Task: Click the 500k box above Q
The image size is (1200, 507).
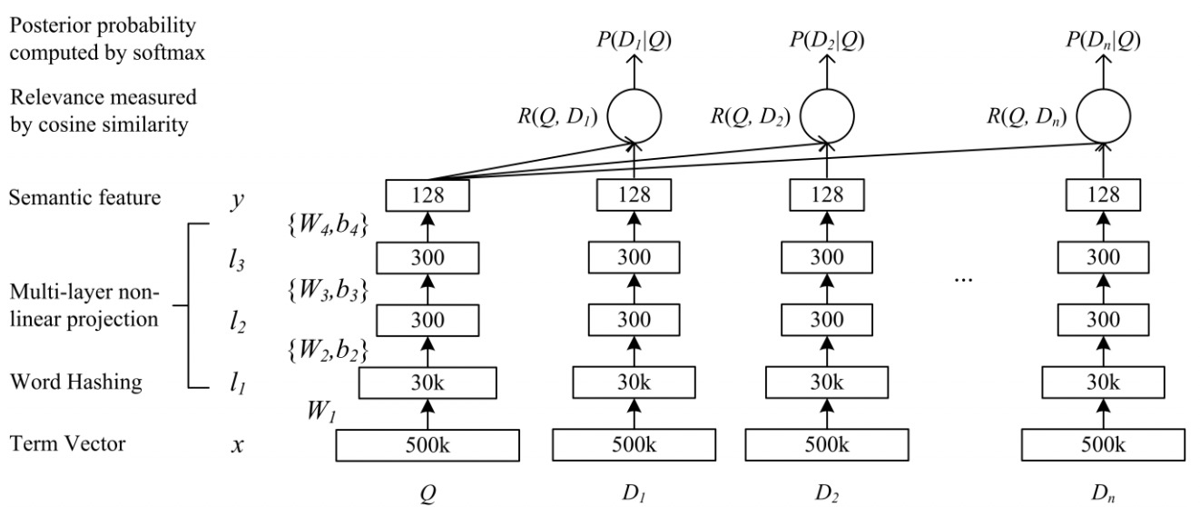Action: tap(428, 446)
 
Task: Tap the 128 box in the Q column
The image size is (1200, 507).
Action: tap(428, 194)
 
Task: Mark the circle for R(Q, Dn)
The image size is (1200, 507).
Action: tap(1104, 117)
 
